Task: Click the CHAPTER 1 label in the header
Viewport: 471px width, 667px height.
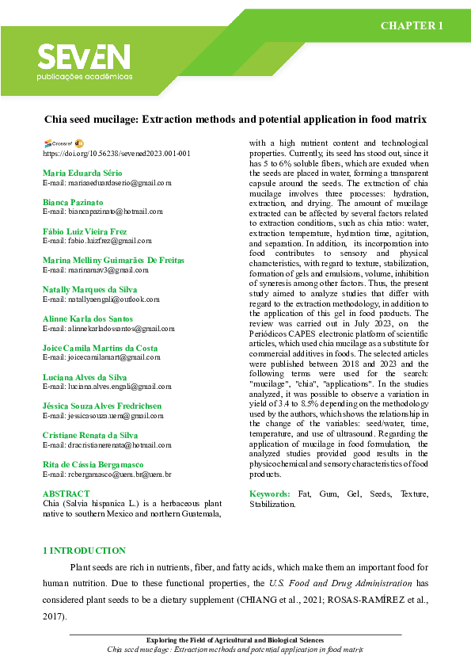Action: (x=412, y=26)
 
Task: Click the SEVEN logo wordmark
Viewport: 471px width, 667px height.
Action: (x=84, y=56)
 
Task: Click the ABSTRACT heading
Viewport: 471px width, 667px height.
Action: (x=66, y=494)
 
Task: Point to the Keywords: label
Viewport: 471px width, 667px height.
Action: (x=271, y=494)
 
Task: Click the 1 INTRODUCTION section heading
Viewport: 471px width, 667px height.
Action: (x=83, y=550)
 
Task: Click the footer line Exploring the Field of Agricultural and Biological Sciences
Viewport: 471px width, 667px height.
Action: (x=235, y=639)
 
